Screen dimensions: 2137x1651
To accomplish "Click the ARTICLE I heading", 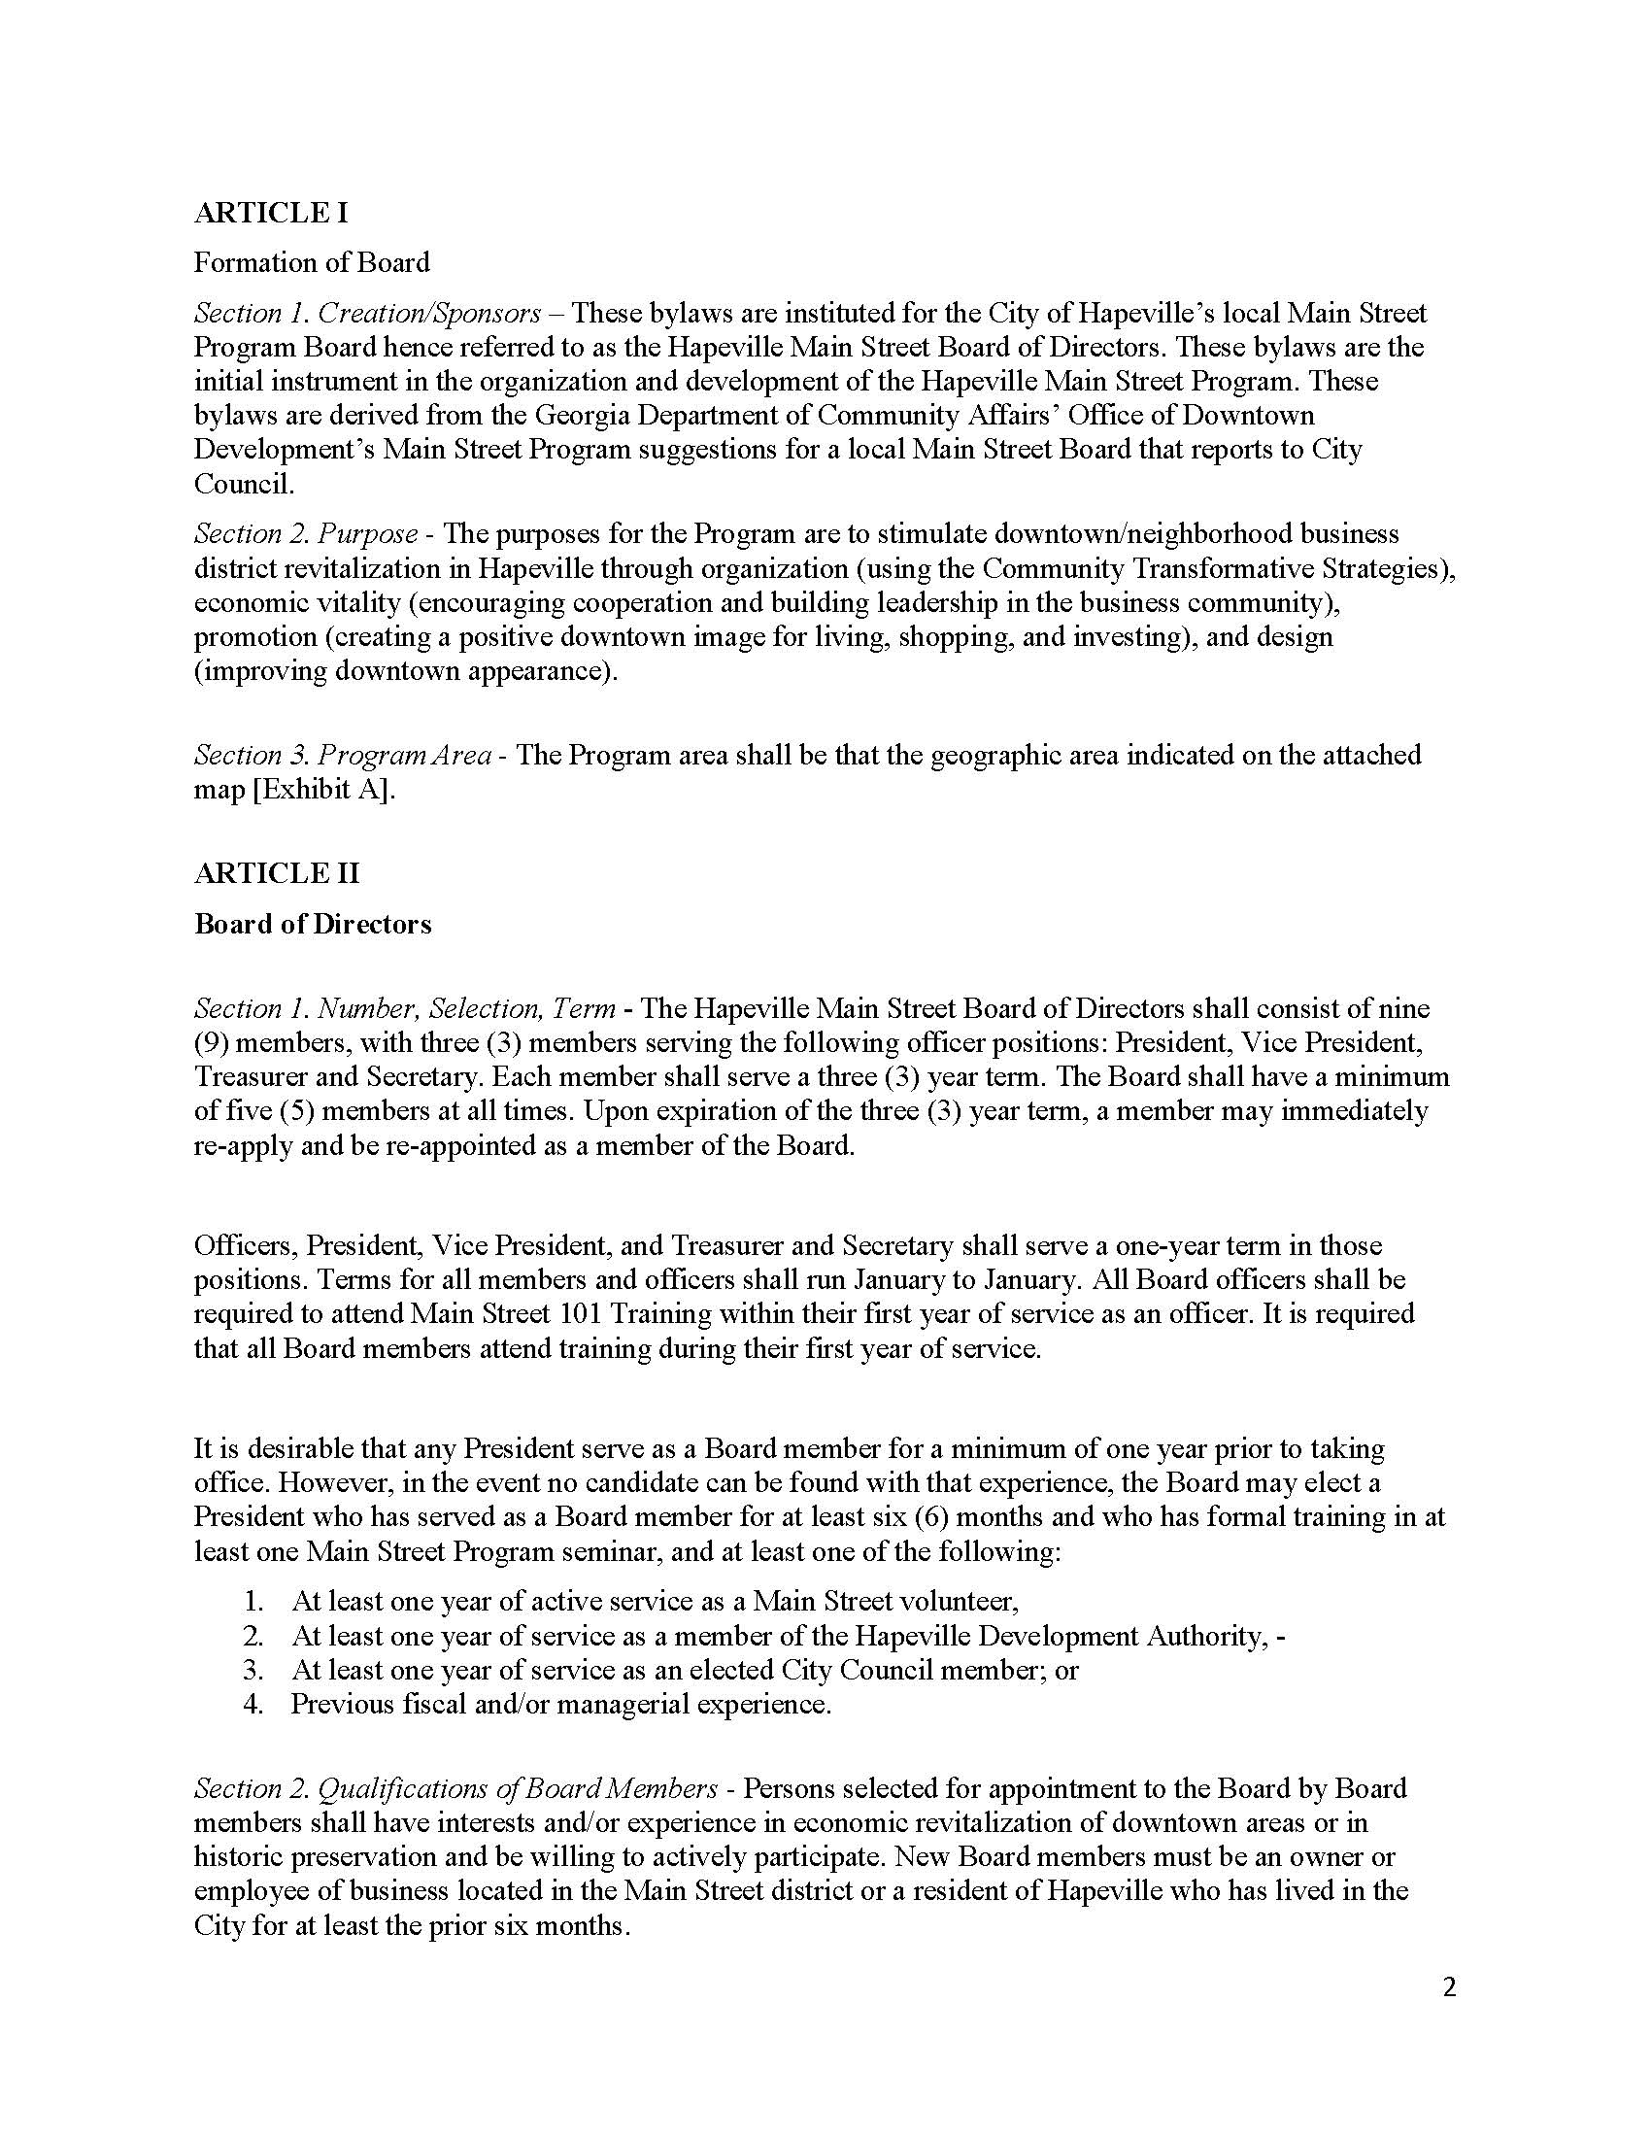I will pyautogui.click(x=271, y=213).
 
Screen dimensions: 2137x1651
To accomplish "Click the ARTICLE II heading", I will pyautogui.click(x=277, y=873).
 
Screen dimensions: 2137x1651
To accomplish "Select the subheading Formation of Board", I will pyautogui.click(x=311, y=262).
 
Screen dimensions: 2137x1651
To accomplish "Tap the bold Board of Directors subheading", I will pyautogui.click(x=312, y=924).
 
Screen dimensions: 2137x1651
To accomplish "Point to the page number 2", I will pyautogui.click(x=1449, y=1987).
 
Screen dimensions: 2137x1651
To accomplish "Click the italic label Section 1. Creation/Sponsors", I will pyautogui.click(x=367, y=313).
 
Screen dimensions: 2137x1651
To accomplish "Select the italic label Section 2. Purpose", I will pyautogui.click(x=306, y=533).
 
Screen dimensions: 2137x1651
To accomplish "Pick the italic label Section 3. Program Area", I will pyautogui.click(x=342, y=755).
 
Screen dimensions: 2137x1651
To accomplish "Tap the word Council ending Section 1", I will pyautogui.click(x=242, y=484).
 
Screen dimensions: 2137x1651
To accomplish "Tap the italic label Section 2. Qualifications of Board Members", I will pyautogui.click(x=455, y=1787).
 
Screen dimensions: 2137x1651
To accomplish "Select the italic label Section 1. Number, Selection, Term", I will pyautogui.click(x=405, y=1008).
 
